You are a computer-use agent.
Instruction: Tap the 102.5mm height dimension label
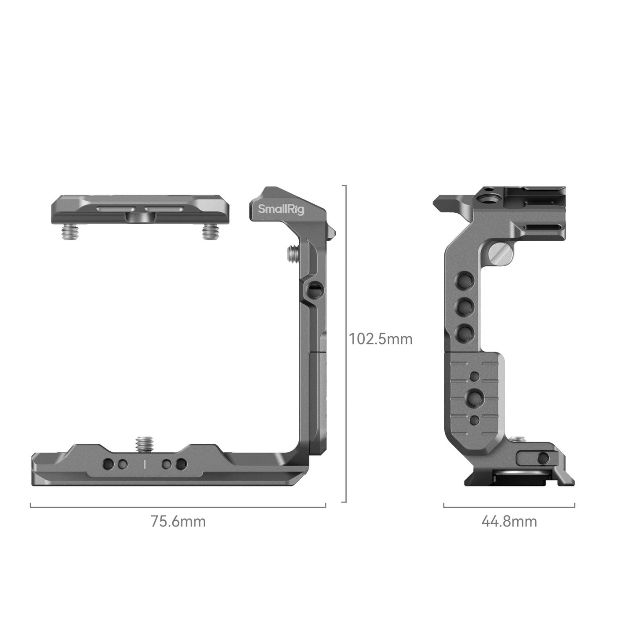coord(381,339)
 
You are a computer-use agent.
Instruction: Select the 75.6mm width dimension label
coord(178,522)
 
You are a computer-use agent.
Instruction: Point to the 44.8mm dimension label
coord(509,522)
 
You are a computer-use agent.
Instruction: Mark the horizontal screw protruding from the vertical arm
coord(292,253)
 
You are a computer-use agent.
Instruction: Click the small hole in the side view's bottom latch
coord(544,457)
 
